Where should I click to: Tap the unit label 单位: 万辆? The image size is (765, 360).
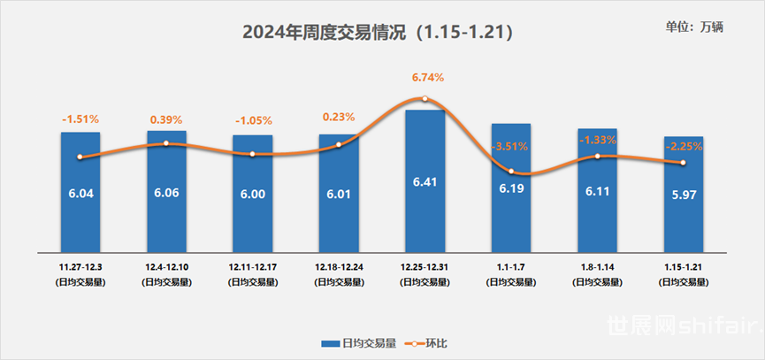(694, 27)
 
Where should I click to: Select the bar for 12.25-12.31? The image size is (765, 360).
(425, 178)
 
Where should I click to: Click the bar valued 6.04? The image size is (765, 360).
(80, 190)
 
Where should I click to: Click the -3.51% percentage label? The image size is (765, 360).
(510, 147)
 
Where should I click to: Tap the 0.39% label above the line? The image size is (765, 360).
(166, 119)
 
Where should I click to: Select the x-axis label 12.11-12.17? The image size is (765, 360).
(252, 264)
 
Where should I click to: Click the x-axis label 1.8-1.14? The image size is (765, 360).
(597, 264)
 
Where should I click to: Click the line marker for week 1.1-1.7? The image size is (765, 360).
(510, 171)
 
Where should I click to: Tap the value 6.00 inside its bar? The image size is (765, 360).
(252, 194)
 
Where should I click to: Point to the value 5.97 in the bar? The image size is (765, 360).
(683, 194)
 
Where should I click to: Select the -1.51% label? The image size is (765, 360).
(80, 119)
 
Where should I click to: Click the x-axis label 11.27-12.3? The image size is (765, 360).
(80, 264)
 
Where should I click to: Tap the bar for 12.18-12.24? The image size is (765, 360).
(338, 190)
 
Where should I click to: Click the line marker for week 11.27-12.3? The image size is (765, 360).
(80, 157)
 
